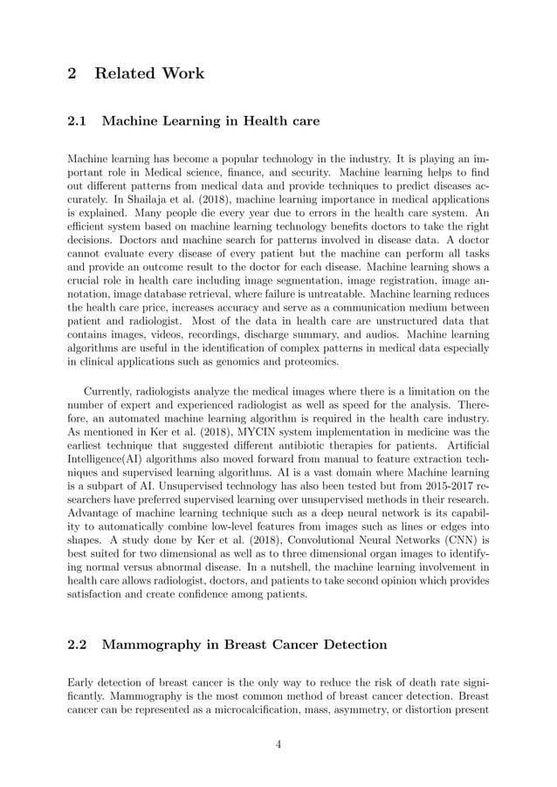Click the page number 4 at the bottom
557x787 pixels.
click(278, 743)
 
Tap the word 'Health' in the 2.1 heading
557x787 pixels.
click(252, 121)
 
